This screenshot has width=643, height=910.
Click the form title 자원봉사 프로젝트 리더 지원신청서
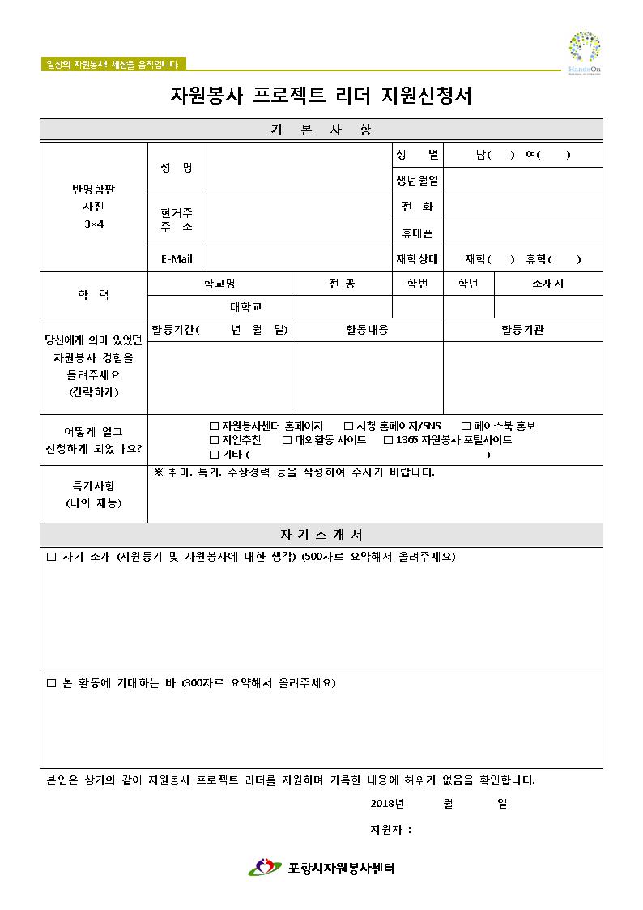pyautogui.click(x=321, y=96)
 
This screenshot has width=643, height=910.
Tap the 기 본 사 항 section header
pyautogui.click(x=321, y=130)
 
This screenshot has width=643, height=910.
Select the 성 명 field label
pyautogui.click(x=177, y=168)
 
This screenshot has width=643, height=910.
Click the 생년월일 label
pyautogui.click(x=417, y=181)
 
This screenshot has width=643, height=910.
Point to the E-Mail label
pyautogui.click(x=177, y=259)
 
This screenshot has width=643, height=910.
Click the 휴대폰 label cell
pyautogui.click(x=417, y=233)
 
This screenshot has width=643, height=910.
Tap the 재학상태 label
pyautogui.click(x=417, y=259)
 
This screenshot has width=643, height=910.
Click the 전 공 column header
pyautogui.click(x=342, y=284)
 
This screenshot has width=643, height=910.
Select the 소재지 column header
pyautogui.click(x=548, y=284)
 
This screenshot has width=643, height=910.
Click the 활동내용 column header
pyautogui.click(x=367, y=330)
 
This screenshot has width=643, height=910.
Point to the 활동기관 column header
pyautogui.click(x=522, y=330)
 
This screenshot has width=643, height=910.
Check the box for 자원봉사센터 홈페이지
pyautogui.click(x=215, y=426)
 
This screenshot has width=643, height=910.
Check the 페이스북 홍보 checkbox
pyautogui.click(x=466, y=426)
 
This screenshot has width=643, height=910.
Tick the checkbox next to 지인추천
pyautogui.click(x=215, y=440)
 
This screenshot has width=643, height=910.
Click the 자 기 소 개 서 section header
pyautogui.click(x=321, y=535)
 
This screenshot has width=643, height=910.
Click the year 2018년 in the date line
pyautogui.click(x=386, y=804)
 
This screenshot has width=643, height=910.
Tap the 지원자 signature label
pyautogui.click(x=390, y=830)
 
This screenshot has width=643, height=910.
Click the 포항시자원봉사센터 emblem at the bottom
pyautogui.click(x=263, y=868)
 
